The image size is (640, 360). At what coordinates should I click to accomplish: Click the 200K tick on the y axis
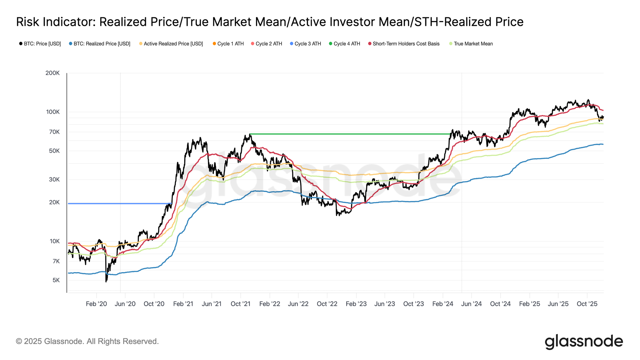(x=52, y=73)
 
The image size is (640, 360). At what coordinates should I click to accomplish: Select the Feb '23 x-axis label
(x=356, y=304)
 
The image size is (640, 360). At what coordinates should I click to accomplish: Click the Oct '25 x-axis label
(x=587, y=304)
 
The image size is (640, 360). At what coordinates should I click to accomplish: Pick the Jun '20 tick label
(x=125, y=304)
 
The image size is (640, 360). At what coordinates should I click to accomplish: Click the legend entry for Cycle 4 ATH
(x=347, y=44)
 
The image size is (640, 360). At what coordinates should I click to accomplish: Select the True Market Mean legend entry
(x=473, y=44)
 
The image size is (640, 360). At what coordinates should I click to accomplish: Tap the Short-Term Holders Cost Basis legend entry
(x=406, y=44)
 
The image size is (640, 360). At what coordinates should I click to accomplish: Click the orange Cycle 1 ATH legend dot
(x=214, y=44)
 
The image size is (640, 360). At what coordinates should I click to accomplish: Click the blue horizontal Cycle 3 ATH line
(x=118, y=204)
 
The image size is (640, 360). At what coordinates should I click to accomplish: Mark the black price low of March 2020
(x=106, y=281)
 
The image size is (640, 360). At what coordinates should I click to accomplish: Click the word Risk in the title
(x=28, y=22)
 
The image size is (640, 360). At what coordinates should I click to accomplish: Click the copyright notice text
(x=87, y=341)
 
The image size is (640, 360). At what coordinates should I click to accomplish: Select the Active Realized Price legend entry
(x=173, y=44)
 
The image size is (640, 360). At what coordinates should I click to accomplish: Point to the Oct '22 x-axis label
(x=327, y=304)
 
